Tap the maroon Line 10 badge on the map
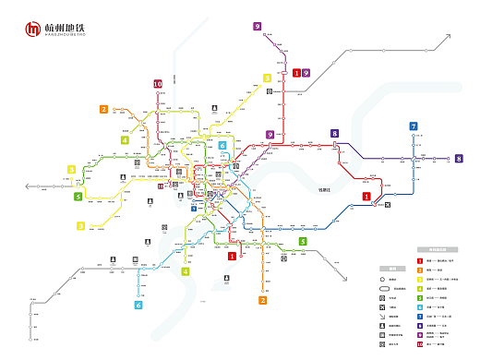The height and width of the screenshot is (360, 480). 158,84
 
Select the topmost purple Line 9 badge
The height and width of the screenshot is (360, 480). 257,27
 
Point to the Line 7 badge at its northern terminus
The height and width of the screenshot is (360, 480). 414,126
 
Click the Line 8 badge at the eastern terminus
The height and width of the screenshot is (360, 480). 458,159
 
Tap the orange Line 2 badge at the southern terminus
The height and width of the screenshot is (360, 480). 263,300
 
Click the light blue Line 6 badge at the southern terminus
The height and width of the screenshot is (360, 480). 138,305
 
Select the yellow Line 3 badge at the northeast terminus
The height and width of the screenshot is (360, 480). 267,78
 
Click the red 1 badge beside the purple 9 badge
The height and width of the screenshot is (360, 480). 296,72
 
